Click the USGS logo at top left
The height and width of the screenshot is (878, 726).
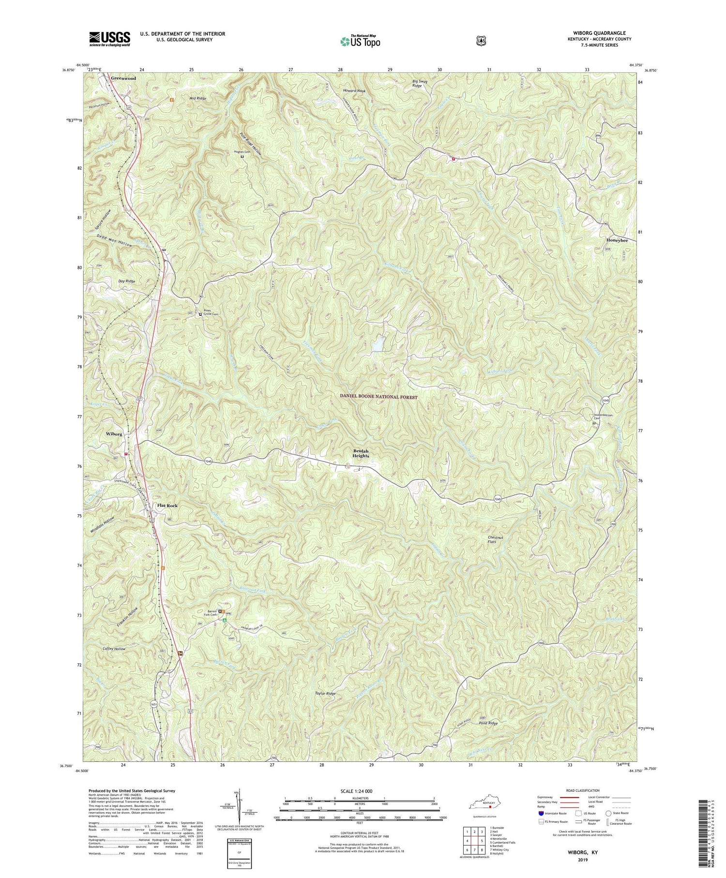(x=109, y=39)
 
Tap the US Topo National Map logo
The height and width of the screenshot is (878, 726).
(x=360, y=41)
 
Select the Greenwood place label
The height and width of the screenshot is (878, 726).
(x=123, y=78)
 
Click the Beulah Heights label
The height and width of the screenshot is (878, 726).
(x=361, y=453)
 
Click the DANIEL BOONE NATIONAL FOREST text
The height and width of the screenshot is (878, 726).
(x=378, y=397)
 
